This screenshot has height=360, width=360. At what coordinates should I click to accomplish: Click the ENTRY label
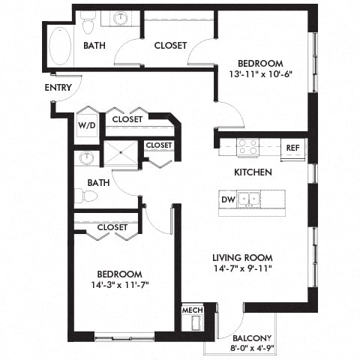coord(58,87)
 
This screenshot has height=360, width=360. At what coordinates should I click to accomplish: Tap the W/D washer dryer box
coord(87,125)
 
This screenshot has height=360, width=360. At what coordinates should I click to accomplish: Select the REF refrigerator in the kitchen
coord(293,148)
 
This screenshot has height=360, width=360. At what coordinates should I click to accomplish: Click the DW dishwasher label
coord(227,200)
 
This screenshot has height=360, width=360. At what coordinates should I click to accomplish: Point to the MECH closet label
coord(192,309)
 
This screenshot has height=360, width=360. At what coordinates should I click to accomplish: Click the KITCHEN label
coord(252,172)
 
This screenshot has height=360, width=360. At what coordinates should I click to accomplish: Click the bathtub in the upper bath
coord(58,46)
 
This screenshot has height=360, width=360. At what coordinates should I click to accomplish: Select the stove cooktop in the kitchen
coord(248,147)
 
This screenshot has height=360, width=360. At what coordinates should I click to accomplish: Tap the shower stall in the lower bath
coord(119,154)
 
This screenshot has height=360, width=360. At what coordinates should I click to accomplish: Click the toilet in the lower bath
coord(90,196)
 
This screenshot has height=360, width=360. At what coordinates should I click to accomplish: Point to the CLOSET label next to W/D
coord(129,119)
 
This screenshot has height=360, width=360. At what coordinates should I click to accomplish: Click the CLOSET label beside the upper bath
coord(170,46)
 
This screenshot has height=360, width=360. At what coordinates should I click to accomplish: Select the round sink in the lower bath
coord(87,158)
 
